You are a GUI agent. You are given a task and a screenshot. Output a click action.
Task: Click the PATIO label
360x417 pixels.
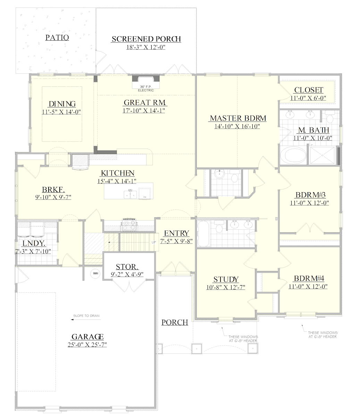[x=57, y=38]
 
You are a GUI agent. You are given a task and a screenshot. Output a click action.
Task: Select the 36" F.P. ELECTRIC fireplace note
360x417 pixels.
[x=145, y=88]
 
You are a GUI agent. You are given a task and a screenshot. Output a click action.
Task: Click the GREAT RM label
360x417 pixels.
[x=145, y=103]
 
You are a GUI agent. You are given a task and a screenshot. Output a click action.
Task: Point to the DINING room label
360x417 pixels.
[x=62, y=104]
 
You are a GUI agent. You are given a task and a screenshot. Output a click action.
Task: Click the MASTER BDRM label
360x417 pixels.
[x=238, y=118]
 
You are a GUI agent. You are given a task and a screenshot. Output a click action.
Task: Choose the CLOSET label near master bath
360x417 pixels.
[x=308, y=90]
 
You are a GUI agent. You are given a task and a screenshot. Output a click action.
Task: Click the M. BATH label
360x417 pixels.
[x=313, y=130]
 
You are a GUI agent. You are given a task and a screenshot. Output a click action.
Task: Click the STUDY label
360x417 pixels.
[x=226, y=279]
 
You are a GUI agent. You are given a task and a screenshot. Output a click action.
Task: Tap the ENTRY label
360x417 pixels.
[x=176, y=233]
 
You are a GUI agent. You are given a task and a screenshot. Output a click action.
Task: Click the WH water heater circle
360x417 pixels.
[x=95, y=273]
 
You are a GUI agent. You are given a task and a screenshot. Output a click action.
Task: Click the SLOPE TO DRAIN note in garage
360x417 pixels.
[x=86, y=316]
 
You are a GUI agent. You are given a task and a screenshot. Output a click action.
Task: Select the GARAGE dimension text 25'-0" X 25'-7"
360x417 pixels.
[x=87, y=345]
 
